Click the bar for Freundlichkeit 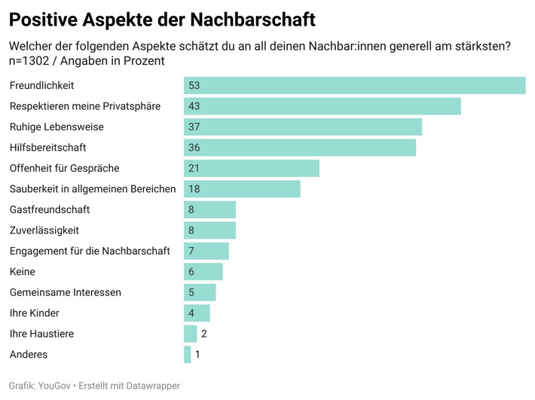coord(354,85)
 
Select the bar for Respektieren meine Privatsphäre coord(322,106)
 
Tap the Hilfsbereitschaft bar coord(299,148)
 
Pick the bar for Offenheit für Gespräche coord(251,168)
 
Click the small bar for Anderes coord(187,354)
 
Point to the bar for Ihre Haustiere coord(190,334)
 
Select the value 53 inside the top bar coord(194,86)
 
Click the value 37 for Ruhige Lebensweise coord(194,127)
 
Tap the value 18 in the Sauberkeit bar coord(194,189)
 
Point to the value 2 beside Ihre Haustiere coord(204,334)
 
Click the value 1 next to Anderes coord(197,354)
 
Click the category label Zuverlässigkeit coord(44,231)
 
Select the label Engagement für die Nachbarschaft coord(90,251)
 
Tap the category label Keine coord(22,272)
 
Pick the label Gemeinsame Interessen coord(65,292)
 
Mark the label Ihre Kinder coord(34,313)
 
